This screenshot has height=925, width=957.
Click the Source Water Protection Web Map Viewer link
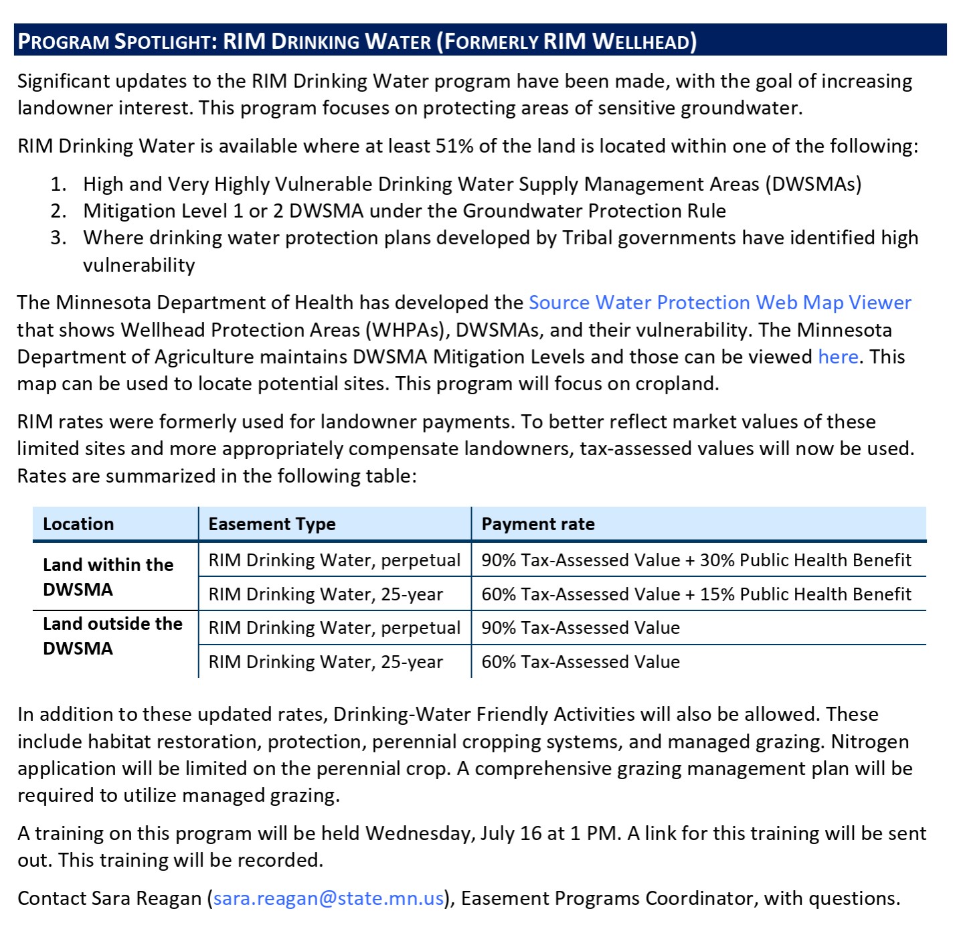pos(719,303)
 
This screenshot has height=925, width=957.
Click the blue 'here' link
pos(838,357)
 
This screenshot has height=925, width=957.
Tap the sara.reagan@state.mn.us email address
pos(329,898)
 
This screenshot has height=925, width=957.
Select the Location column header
pos(78,524)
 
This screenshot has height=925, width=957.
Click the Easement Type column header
pos(272,524)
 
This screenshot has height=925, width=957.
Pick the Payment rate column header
pos(538,524)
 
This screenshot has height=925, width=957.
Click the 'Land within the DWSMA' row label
pos(108,577)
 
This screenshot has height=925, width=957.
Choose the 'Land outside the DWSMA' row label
pos(112,636)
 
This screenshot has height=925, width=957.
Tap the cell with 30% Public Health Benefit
pos(696,560)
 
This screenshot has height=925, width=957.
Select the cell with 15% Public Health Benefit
pos(696,594)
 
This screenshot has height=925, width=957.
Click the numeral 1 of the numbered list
pos(58,184)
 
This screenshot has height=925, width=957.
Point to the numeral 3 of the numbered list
pos(58,238)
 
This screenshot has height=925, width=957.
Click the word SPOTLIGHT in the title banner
pos(163,41)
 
